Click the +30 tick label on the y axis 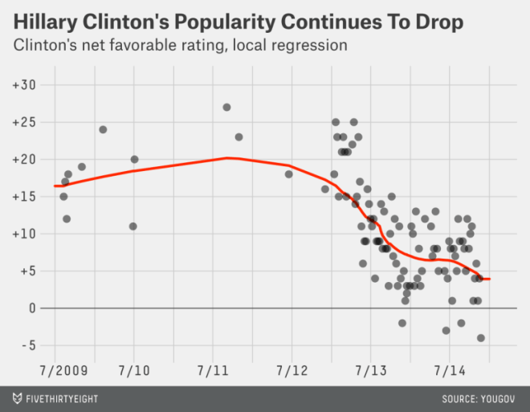24,84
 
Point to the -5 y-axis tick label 28,345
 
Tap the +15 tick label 24,197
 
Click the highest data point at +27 227,107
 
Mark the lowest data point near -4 481,338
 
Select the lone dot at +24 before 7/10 103,129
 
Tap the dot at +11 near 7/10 133,226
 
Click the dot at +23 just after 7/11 238,137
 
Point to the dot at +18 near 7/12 289,174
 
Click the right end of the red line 489,279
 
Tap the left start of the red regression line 55,186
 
